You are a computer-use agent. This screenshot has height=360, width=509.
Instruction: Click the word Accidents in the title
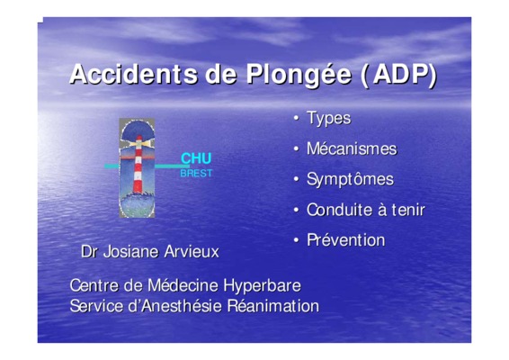(x=133, y=74)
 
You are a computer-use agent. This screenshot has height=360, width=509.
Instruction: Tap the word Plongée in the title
(x=299, y=76)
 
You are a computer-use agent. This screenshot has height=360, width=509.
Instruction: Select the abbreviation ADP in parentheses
(x=401, y=75)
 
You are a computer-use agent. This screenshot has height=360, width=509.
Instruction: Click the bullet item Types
(x=329, y=118)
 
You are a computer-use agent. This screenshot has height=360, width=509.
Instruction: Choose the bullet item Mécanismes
(x=352, y=148)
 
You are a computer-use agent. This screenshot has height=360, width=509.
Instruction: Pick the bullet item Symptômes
(x=350, y=179)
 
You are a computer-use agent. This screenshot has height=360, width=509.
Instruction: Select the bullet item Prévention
(x=346, y=240)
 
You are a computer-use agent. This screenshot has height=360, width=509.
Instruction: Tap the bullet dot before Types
(x=296, y=118)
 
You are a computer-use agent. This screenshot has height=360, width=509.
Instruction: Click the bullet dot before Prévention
(x=296, y=240)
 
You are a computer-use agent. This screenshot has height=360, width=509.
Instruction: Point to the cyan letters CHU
(x=196, y=158)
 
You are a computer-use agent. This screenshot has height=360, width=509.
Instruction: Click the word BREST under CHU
(x=196, y=173)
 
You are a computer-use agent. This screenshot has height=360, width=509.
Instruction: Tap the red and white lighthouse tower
(x=138, y=165)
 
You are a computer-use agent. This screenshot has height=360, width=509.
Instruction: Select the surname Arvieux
(x=192, y=252)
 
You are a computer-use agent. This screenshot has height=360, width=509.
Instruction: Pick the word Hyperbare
(x=263, y=286)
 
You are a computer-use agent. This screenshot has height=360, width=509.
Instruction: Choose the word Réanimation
(x=273, y=306)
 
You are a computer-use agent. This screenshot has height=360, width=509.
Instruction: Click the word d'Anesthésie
(x=175, y=306)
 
